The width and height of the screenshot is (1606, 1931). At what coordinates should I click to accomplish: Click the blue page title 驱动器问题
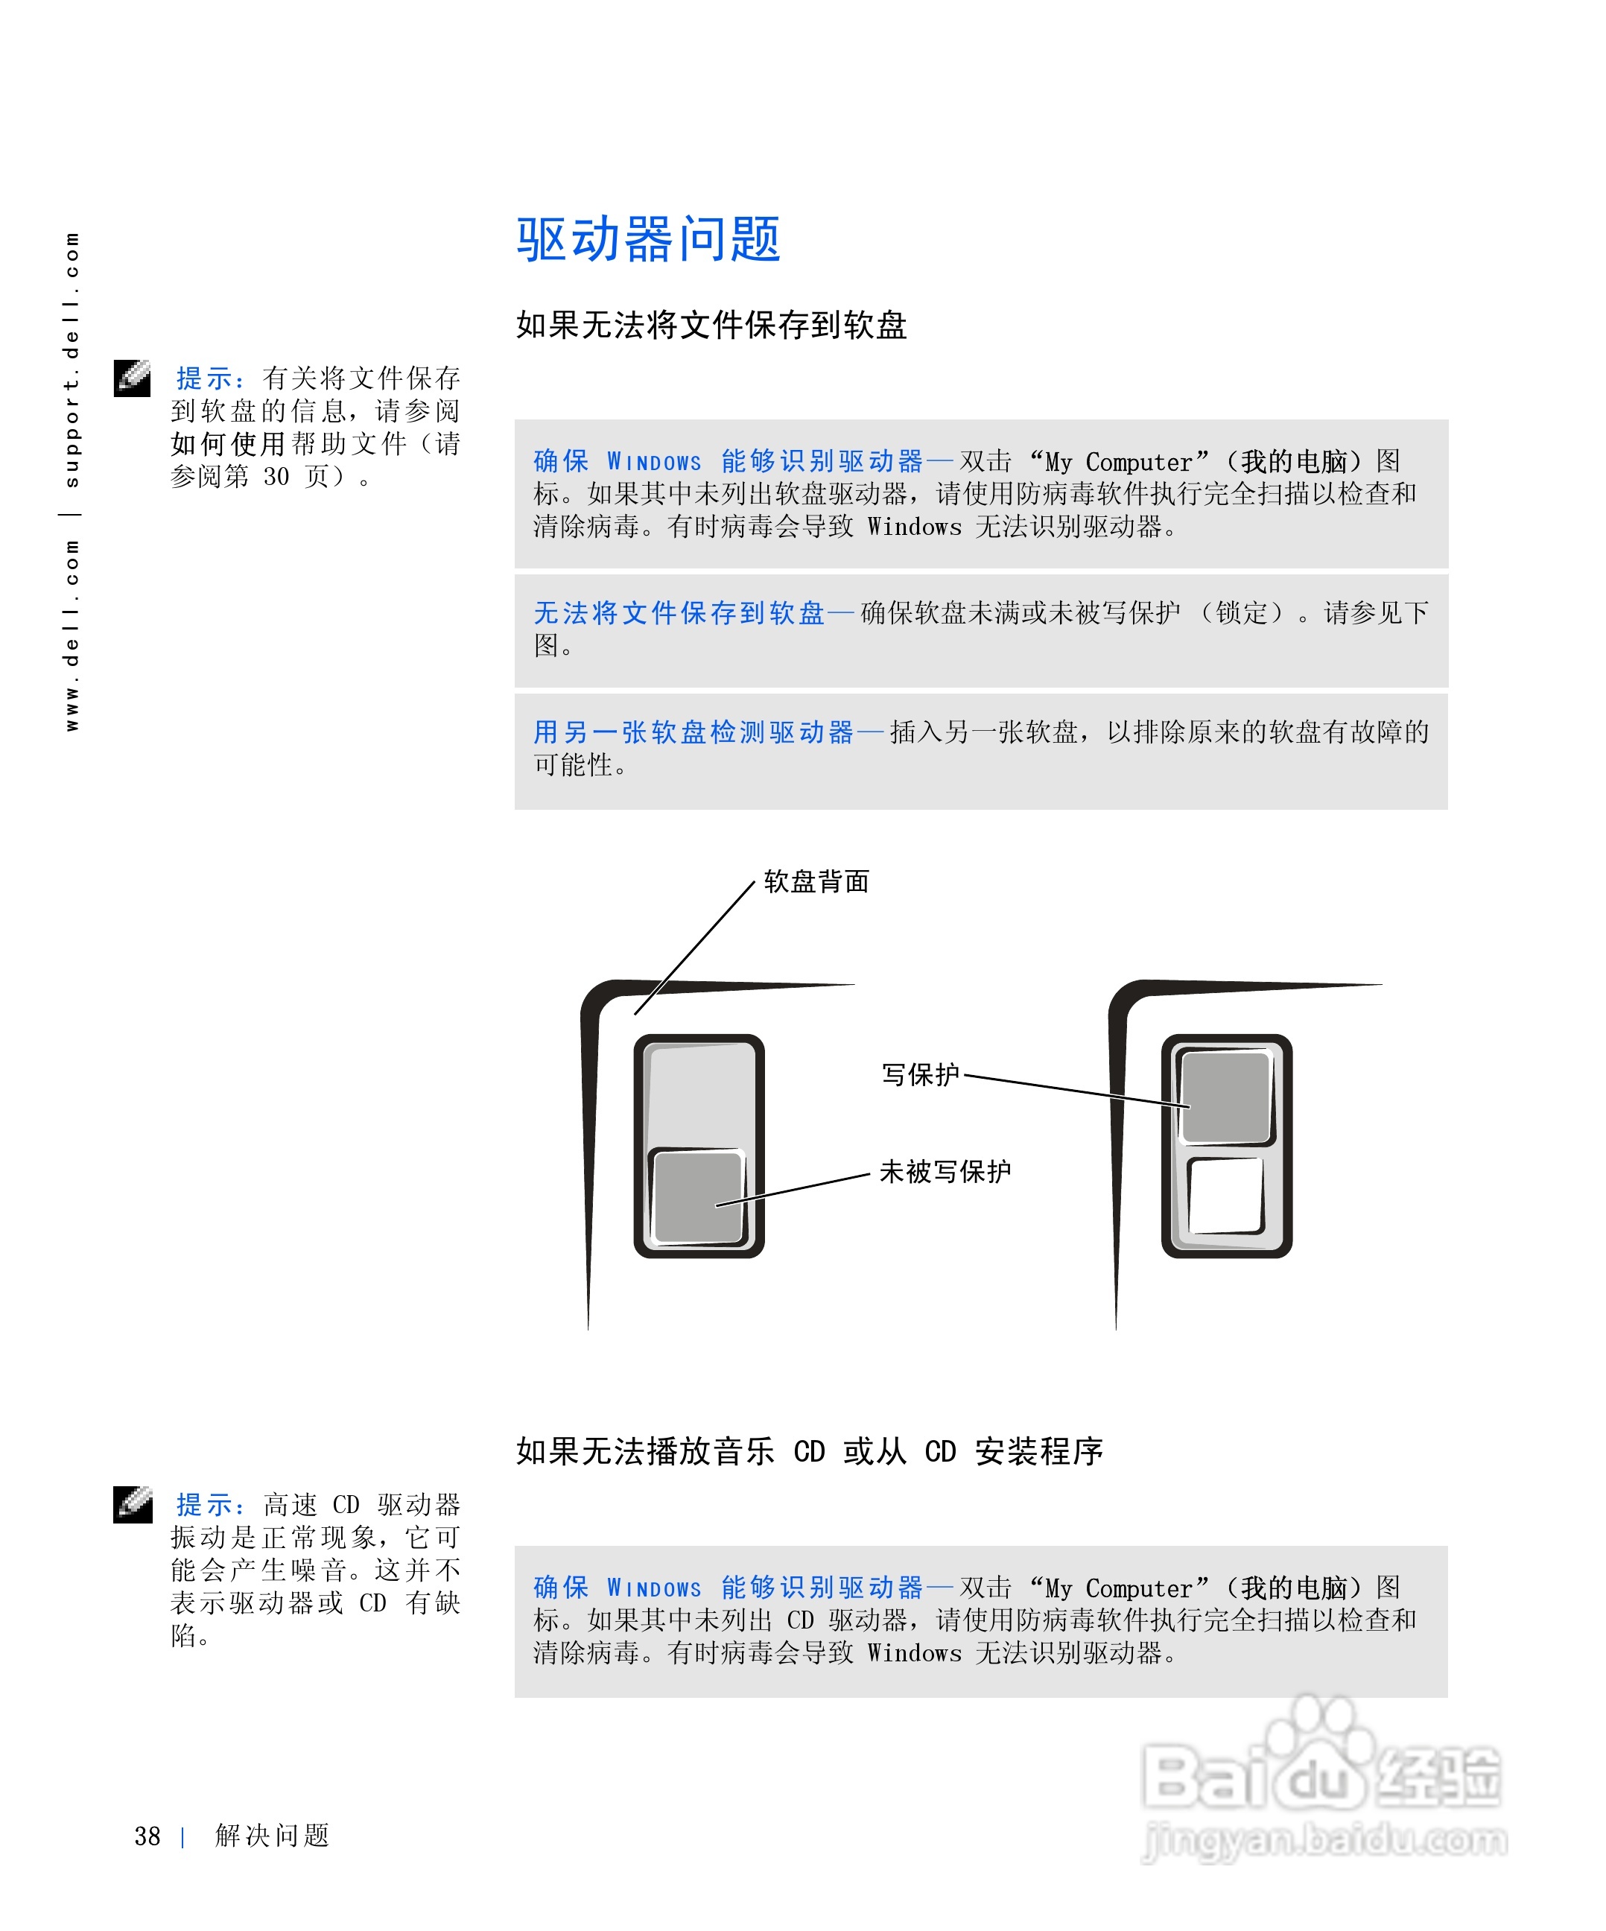[648, 239]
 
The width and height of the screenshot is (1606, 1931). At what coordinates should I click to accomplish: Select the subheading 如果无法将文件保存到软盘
[711, 326]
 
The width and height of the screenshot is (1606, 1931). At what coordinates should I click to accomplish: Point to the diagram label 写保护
[919, 1074]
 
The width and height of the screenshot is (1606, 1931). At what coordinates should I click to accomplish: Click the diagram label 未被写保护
[945, 1171]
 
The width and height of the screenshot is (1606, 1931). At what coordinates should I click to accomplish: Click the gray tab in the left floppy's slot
[696, 1196]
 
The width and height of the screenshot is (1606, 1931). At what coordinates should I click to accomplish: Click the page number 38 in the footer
[147, 1836]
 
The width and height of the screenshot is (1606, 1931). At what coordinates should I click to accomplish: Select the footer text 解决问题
[272, 1836]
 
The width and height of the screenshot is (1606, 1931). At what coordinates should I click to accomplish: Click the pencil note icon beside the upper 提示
[133, 378]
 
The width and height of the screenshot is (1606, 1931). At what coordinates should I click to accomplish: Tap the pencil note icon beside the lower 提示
[133, 1504]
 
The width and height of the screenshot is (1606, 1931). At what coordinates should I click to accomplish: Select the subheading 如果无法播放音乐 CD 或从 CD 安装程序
[809, 1452]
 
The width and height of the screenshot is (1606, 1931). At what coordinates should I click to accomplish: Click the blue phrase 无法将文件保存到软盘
[679, 613]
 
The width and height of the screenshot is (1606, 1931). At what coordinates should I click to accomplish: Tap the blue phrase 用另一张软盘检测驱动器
[693, 732]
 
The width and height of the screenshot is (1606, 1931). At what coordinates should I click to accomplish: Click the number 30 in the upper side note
[276, 476]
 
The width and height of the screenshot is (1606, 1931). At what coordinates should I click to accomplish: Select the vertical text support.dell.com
[72, 358]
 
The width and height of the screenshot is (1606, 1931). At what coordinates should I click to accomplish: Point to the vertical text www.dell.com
[72, 635]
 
